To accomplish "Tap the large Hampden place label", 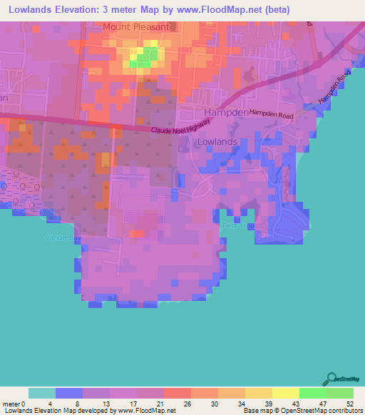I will point(225,113).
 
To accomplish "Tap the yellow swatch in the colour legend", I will point(286,393).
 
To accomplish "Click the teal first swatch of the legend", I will point(42,393).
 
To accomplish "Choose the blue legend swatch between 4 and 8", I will point(69,393).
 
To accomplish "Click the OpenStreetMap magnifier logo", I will point(330,379).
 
